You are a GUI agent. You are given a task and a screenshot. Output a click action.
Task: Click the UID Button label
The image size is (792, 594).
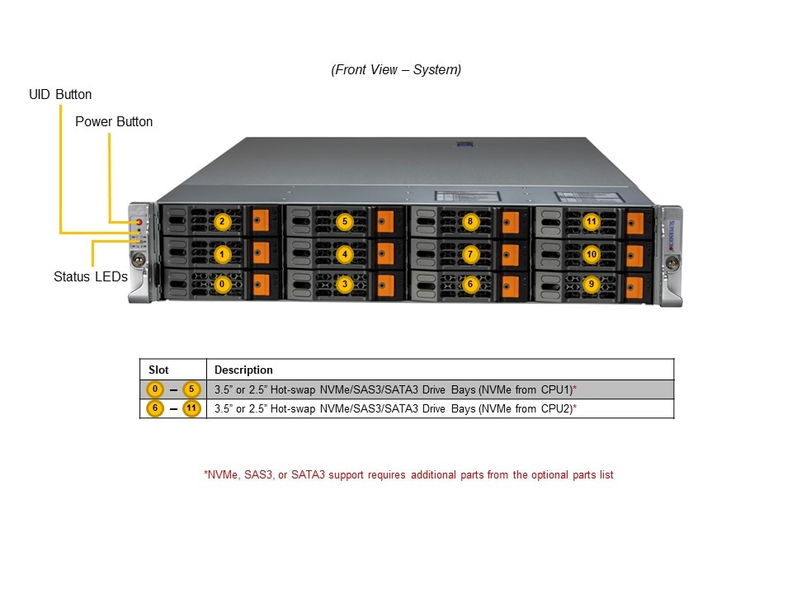(x=60, y=95)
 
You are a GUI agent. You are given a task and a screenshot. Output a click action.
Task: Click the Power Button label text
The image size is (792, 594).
(x=114, y=121)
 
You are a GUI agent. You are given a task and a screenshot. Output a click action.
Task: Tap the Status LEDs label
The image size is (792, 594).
(x=91, y=277)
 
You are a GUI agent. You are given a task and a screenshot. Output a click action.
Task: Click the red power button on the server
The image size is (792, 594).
(x=139, y=222)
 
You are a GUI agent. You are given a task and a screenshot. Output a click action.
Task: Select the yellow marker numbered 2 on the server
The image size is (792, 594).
(x=221, y=221)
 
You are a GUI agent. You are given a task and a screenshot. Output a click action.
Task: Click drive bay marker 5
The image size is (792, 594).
(x=345, y=221)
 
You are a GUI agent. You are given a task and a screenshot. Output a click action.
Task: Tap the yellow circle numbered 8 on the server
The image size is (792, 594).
(x=469, y=221)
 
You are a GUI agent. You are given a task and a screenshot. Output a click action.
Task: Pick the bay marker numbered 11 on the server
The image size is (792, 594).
(x=591, y=221)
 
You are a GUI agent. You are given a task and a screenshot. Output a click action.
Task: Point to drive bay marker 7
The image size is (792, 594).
(x=469, y=254)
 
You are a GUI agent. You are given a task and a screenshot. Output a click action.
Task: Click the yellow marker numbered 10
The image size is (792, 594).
(x=591, y=254)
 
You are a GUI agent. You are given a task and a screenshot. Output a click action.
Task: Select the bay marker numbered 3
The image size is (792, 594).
(x=345, y=284)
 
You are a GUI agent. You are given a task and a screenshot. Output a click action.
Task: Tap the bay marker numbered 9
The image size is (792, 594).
(x=591, y=284)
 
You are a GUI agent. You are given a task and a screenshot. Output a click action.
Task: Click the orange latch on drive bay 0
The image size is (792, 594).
(x=262, y=285)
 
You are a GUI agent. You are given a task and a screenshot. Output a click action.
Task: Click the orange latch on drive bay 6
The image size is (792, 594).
(x=511, y=286)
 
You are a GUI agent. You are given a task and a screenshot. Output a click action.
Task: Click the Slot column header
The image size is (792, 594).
(x=158, y=370)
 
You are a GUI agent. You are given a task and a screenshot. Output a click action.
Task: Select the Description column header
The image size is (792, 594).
(x=243, y=370)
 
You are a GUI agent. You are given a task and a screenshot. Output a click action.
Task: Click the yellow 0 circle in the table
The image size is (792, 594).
(x=154, y=389)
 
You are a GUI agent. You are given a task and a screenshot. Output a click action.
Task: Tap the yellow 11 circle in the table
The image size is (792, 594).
(x=191, y=408)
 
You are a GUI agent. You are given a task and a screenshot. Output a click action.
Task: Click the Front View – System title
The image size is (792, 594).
(x=396, y=70)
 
